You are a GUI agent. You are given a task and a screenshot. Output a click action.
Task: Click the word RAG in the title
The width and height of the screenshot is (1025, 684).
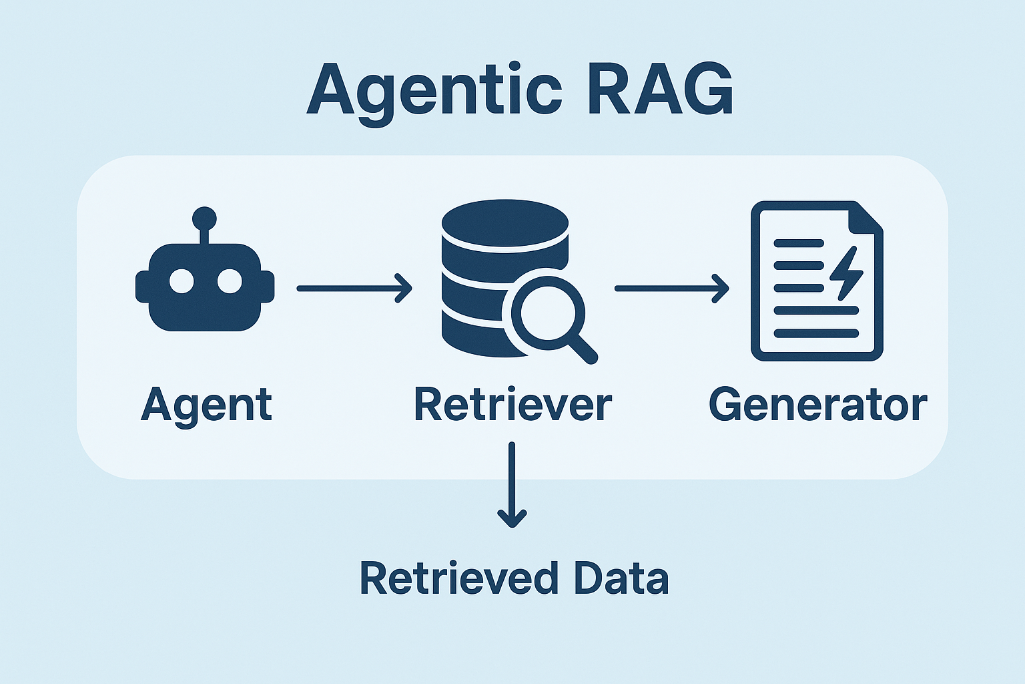click(x=659, y=90)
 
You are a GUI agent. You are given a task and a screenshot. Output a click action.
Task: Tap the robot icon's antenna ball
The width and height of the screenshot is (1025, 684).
click(x=204, y=218)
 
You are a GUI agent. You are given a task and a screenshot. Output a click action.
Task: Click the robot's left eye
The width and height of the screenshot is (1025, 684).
click(x=182, y=281)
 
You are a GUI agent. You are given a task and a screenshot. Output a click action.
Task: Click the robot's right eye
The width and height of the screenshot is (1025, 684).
click(x=229, y=281)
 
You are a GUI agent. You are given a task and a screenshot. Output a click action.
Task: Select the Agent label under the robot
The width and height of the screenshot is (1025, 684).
click(x=206, y=405)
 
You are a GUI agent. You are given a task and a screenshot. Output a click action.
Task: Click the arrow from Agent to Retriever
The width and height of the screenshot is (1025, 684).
click(x=354, y=288)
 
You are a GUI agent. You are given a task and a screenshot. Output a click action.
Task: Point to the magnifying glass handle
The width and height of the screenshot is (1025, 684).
click(x=583, y=349)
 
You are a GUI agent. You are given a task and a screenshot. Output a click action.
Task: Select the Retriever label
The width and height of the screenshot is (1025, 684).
click(x=512, y=405)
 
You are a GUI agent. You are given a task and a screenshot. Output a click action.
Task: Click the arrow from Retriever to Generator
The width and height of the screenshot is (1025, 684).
click(x=671, y=288)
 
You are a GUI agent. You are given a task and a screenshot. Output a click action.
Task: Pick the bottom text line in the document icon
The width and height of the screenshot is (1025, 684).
click(x=816, y=333)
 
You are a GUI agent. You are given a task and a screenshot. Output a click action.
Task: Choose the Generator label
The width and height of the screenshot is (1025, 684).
click(x=817, y=405)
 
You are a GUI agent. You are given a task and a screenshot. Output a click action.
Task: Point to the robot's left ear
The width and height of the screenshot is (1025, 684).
click(x=142, y=287)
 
